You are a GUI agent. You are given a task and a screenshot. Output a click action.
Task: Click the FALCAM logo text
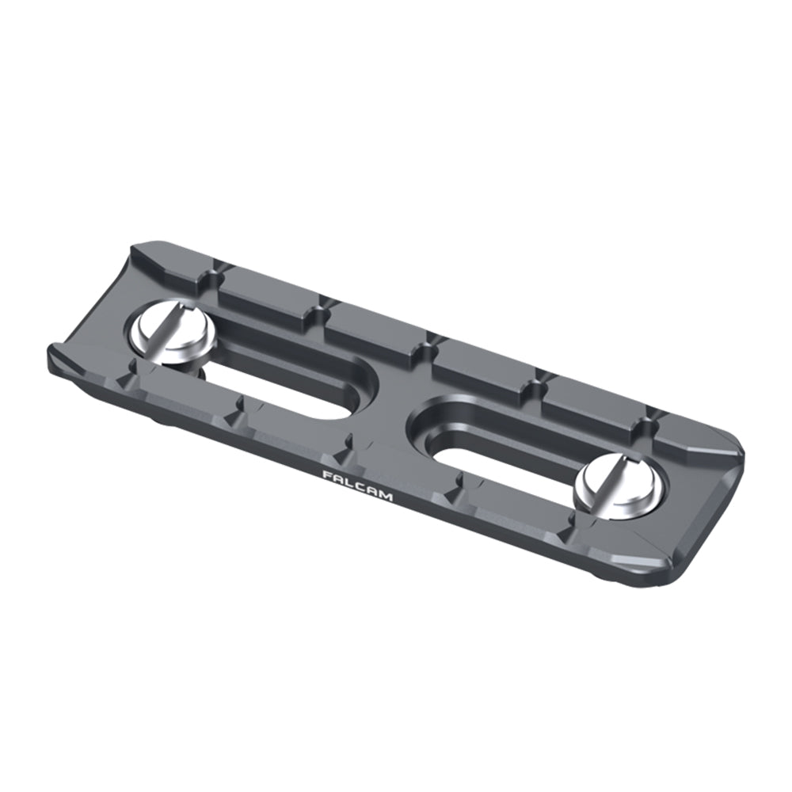(358, 485)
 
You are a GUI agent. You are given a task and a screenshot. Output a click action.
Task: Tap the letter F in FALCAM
(327, 474)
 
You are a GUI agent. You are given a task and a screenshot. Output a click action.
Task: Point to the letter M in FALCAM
(386, 497)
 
